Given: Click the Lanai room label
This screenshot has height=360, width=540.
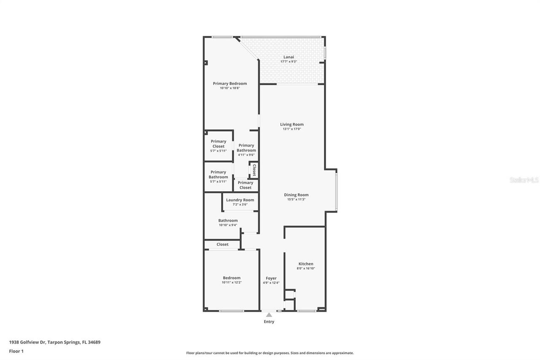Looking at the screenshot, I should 289,57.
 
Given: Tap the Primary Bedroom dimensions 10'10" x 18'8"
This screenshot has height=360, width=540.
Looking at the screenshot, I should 229,88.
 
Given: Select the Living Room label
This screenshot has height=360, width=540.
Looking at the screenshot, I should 292,125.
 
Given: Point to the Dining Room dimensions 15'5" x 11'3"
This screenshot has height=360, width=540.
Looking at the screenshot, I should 296,200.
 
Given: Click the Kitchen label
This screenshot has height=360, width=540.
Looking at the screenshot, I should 306,264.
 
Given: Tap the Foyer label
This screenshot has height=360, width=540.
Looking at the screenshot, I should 271,278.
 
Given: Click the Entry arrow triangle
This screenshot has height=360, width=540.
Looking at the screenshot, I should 269,314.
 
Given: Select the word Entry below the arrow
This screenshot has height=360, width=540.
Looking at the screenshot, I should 269,322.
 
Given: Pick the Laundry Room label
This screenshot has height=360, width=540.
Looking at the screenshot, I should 240,200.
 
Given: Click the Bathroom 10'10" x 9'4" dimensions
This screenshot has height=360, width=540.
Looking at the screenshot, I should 228,225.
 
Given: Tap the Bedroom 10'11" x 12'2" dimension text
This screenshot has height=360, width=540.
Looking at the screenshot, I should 232,283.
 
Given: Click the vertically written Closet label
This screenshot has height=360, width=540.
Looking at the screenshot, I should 254,170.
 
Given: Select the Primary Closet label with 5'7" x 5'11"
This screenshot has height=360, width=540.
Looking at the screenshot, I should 219,146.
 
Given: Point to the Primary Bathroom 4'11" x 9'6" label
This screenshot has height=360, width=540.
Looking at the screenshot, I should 246,150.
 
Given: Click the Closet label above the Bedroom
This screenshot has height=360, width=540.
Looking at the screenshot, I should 222,244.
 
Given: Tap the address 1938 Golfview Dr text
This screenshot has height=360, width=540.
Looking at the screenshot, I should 54,342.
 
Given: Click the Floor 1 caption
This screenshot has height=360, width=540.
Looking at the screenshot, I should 16,351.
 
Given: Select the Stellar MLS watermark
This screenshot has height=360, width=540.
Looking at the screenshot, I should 524,180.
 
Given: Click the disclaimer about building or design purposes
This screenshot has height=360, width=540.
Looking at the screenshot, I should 270,353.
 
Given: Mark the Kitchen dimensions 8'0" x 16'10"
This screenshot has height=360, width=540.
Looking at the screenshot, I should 306,268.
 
